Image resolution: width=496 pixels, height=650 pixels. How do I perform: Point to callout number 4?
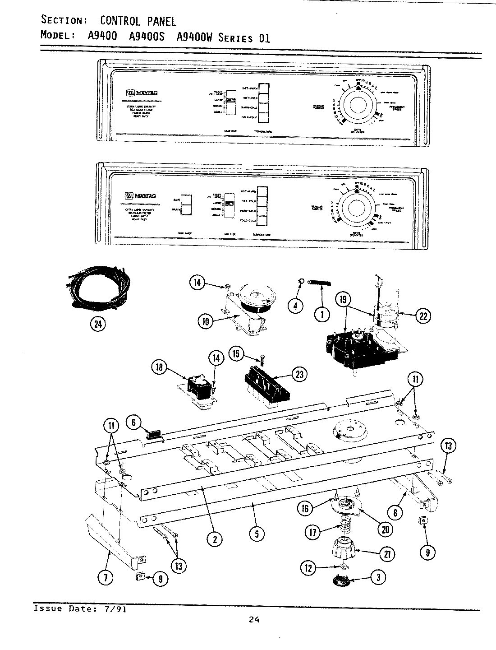(x=296, y=306)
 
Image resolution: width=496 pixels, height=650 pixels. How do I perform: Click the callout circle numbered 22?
(x=423, y=316)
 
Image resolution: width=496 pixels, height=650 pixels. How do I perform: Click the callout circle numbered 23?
(x=299, y=373)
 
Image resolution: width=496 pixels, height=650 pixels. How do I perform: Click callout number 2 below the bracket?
(x=215, y=538)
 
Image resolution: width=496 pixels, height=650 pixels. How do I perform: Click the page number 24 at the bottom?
(x=254, y=620)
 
